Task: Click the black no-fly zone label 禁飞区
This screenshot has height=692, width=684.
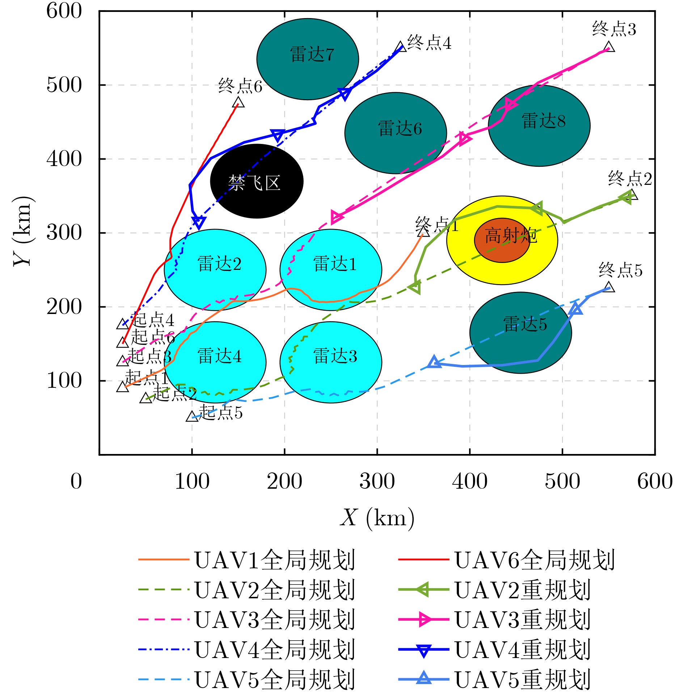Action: click(254, 183)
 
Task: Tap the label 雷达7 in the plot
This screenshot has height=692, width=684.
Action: click(312, 55)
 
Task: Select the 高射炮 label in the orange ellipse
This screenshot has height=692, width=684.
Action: click(511, 236)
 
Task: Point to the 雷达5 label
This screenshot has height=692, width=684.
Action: click(525, 324)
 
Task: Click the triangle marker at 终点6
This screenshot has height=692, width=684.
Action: click(238, 102)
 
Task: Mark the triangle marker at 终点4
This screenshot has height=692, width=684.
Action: click(401, 47)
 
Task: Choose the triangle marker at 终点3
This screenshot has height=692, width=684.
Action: click(609, 47)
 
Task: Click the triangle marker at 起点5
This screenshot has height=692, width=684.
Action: click(192, 416)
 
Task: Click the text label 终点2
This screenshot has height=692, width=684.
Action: click(630, 179)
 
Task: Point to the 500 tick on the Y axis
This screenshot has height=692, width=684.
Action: click(64, 86)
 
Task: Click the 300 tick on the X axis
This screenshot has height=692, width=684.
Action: click(377, 481)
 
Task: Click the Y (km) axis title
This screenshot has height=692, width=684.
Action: click(23, 232)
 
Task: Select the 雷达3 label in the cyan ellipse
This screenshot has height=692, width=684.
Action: click(335, 356)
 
